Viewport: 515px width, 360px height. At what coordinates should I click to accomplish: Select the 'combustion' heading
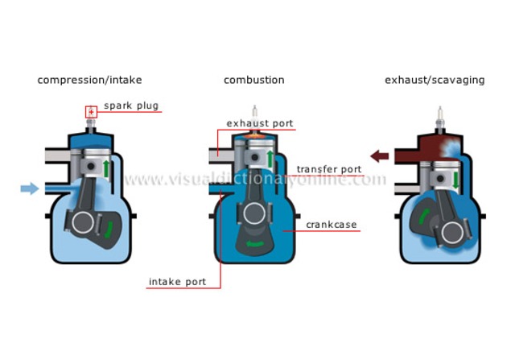click(x=253, y=80)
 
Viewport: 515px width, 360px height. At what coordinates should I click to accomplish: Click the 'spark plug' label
click(x=130, y=106)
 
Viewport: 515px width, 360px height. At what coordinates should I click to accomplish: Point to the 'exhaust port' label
click(x=260, y=123)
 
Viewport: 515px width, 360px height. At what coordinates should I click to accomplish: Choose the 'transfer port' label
click(x=330, y=170)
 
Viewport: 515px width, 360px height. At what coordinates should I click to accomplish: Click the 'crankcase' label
click(x=332, y=225)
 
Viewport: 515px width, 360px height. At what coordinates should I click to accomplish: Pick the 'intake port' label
click(x=177, y=282)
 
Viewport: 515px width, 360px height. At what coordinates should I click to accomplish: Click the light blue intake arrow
click(x=30, y=188)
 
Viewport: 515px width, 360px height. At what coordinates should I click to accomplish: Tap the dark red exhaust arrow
click(x=379, y=155)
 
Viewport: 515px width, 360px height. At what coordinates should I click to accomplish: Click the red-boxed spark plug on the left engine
click(x=91, y=112)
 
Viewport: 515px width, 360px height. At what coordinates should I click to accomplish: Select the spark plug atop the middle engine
click(x=254, y=113)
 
